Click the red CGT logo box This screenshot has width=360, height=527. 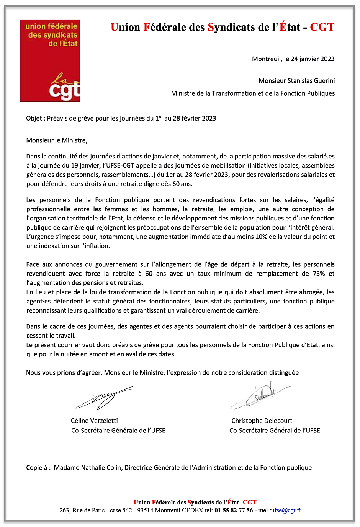point(50,60)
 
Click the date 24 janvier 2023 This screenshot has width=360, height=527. point(313,59)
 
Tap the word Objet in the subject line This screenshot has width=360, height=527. point(34,118)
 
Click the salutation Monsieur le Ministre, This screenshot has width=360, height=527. point(57,140)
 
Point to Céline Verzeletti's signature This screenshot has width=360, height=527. point(103,397)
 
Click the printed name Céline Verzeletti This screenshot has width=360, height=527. point(94,421)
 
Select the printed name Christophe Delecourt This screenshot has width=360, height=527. point(262,421)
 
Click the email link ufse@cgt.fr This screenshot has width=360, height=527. point(286,510)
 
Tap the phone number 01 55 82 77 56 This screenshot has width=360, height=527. point(234,510)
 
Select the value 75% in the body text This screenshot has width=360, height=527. point(319,274)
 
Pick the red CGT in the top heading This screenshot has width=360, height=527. point(322,27)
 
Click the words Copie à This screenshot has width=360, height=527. point(38,467)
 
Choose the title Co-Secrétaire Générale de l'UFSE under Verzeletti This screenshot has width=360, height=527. point(118,431)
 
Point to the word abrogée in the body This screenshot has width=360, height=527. point(312,292)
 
